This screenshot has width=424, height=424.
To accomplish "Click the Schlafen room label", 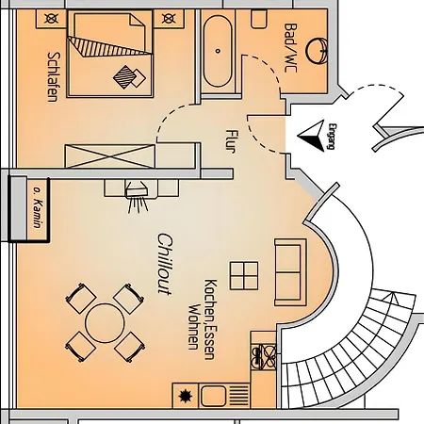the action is [54, 77].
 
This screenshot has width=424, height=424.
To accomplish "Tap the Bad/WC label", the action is [290, 48].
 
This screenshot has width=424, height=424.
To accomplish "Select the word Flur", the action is [232, 141].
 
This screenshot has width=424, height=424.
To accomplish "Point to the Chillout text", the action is [165, 264].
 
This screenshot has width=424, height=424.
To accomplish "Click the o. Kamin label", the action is [39, 208].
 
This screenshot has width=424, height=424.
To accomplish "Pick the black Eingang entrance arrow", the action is [311, 136].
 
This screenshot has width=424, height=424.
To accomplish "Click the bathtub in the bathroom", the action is [218, 51].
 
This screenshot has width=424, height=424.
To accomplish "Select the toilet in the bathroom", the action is [259, 19].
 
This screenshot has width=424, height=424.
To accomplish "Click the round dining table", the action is [105, 323].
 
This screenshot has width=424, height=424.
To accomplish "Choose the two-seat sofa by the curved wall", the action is [290, 272].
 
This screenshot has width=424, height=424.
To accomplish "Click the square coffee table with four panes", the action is [244, 276].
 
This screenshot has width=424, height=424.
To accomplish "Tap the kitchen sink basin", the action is [213, 396].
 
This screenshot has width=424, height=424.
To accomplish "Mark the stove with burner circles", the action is [264, 356].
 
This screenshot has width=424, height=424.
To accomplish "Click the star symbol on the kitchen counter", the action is [186, 396].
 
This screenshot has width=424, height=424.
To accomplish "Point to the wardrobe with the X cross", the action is [110, 156].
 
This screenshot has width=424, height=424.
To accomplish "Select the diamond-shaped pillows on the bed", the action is [129, 77].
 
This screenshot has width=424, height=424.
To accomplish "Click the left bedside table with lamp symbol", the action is [51, 19].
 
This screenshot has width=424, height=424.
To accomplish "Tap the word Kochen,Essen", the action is [210, 319].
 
